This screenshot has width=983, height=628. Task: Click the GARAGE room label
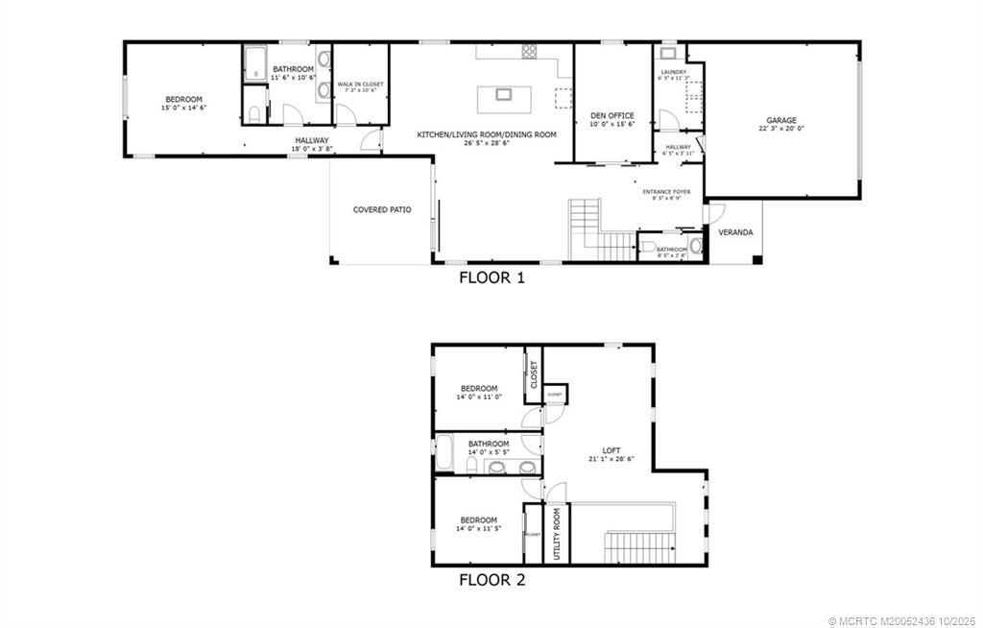tap(780, 120)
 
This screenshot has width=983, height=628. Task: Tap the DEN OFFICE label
tap(611, 115)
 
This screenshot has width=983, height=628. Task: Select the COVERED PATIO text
tap(382, 209)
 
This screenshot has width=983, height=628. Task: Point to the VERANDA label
tap(735, 232)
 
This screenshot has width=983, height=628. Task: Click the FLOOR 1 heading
tap(491, 278)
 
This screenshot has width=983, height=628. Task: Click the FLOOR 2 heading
tap(491, 579)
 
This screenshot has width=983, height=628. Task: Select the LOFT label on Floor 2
tap(611, 450)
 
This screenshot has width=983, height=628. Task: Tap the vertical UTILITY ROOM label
tap(557, 534)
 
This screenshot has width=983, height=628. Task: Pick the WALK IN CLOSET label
tap(360, 85)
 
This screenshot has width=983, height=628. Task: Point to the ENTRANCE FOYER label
tap(666, 192)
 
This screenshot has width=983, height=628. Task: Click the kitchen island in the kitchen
tap(502, 94)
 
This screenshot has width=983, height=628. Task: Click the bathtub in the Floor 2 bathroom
tap(444, 453)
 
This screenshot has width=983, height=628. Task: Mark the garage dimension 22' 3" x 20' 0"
tap(780, 128)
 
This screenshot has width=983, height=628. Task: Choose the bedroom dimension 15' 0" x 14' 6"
tap(183, 108)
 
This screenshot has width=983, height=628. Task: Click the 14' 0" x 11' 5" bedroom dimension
tap(477, 528)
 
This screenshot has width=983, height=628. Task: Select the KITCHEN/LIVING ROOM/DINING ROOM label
tap(486, 134)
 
